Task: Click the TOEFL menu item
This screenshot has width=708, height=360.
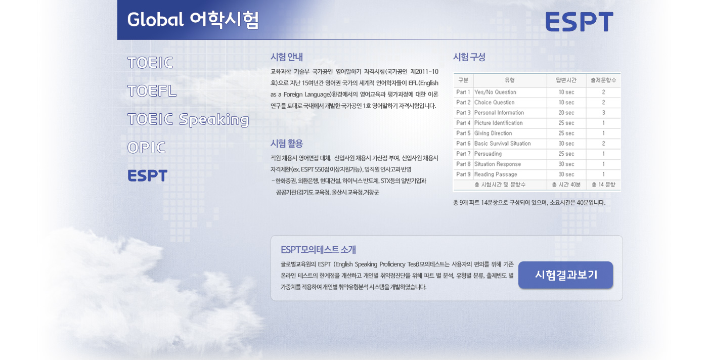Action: [152, 91]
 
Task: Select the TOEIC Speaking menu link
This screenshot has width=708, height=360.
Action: [188, 120]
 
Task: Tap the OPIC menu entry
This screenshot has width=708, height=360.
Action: [146, 148]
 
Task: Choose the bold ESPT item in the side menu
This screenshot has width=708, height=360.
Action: [147, 176]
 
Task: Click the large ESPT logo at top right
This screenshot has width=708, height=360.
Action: [580, 22]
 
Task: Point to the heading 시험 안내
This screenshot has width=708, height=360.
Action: [287, 57]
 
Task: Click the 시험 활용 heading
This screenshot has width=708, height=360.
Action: [287, 144]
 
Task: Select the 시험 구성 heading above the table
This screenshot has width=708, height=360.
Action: [469, 57]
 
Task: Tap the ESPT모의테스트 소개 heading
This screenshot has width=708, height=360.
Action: [318, 250]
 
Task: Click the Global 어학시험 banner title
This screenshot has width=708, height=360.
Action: [193, 20]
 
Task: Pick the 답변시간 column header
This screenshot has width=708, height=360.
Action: [566, 80]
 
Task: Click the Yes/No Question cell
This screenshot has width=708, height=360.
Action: [495, 93]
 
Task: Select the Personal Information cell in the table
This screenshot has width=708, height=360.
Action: [499, 113]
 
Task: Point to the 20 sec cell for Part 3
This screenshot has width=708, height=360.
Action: [566, 113]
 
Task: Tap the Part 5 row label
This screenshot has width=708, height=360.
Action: [463, 133]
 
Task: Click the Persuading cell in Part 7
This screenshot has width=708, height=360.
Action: [488, 154]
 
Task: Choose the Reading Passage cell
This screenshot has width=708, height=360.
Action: [496, 174]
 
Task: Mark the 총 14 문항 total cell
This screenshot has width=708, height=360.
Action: [603, 185]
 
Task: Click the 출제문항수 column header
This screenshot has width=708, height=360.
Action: [603, 80]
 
